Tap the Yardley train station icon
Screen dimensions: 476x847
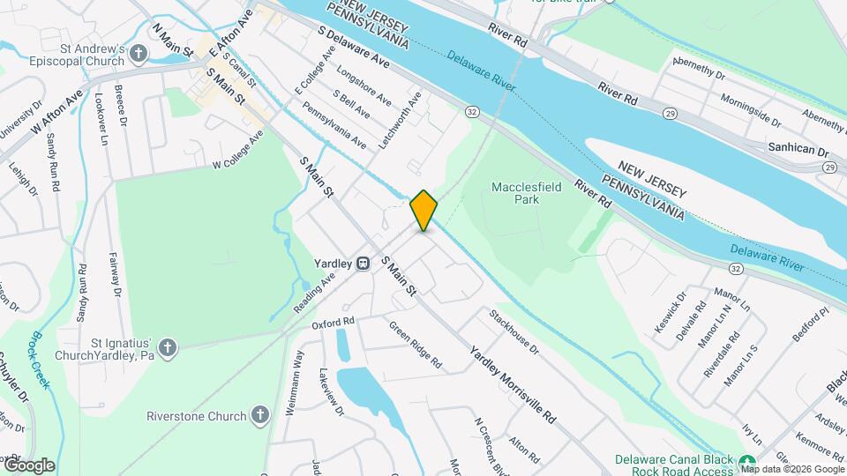click(363, 264)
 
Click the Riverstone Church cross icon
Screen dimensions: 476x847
click(259, 414)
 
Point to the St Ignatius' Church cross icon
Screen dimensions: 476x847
click(168, 348)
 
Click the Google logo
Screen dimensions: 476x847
click(28, 465)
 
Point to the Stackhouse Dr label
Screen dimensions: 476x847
click(513, 331)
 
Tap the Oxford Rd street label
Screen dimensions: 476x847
click(333, 324)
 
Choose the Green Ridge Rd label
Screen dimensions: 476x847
click(415, 345)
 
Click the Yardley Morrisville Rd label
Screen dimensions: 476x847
click(513, 380)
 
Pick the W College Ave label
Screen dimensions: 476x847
click(238, 152)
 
